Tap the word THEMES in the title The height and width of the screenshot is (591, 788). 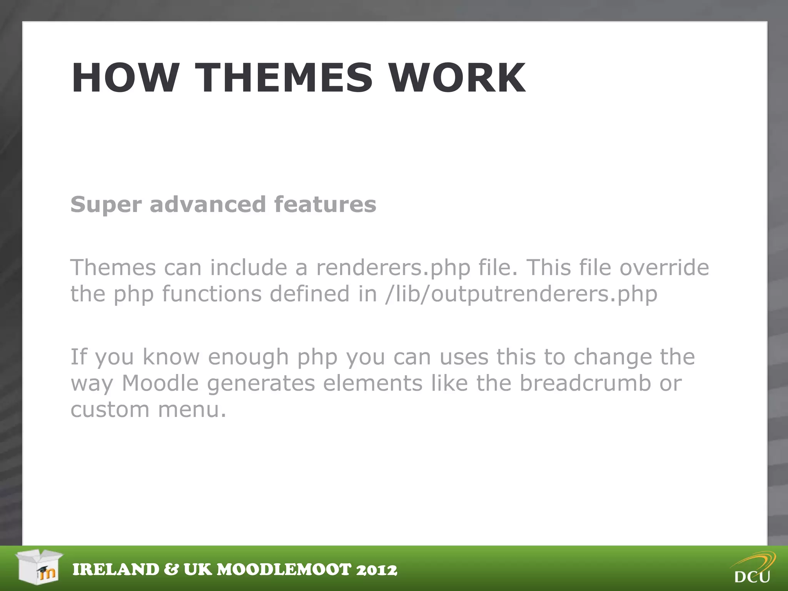pos(284,78)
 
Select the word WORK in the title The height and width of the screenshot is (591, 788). pos(457,78)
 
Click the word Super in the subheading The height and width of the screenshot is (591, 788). pos(106,205)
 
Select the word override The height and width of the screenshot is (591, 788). pos(664,267)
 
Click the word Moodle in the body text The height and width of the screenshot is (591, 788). pos(160,383)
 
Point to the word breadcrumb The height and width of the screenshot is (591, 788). pos(585,383)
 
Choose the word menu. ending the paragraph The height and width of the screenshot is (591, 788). pos(192,409)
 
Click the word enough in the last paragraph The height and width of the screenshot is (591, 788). pos(248,357)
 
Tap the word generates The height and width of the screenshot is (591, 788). pos(261,384)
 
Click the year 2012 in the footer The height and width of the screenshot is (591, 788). pos(377,570)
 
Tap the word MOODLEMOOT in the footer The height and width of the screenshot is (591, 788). pos(284,570)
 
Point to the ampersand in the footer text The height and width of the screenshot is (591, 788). pos(171,570)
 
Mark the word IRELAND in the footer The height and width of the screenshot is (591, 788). pos(116,570)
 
